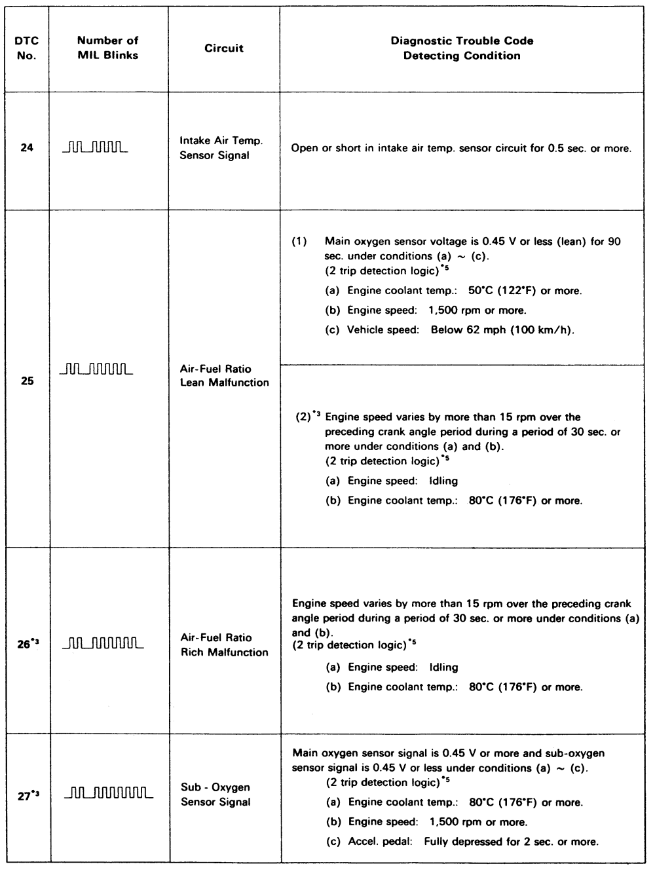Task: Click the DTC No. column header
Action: pyautogui.click(x=27, y=48)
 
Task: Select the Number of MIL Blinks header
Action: pyautogui.click(x=108, y=48)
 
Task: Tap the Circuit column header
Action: pyautogui.click(x=223, y=48)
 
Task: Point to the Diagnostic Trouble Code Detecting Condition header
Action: pyautogui.click(x=462, y=48)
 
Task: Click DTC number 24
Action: pyautogui.click(x=27, y=149)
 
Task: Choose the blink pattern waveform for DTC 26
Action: pyautogui.click(x=103, y=645)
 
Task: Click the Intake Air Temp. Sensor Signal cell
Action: pyautogui.click(x=214, y=148)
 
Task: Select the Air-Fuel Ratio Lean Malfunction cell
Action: pyautogui.click(x=224, y=375)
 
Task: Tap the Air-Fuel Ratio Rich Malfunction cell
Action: pyautogui.click(x=224, y=645)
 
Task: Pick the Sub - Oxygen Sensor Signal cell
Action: pyautogui.click(x=215, y=795)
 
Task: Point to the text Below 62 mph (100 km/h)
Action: pyautogui.click(x=502, y=329)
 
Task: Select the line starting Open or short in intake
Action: pyautogui.click(x=461, y=148)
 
